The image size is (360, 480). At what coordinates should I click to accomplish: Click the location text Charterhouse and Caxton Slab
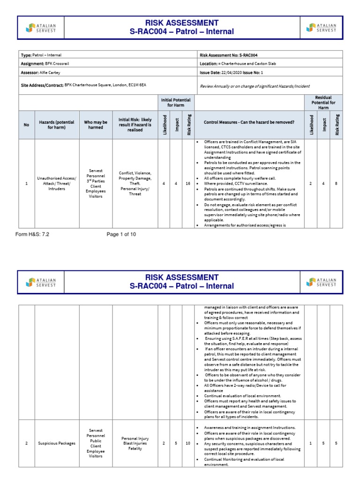pos(246,64)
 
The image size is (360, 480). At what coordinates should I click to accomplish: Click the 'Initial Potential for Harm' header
pos(176,103)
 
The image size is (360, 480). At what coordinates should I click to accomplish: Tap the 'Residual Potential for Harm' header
pos(323,102)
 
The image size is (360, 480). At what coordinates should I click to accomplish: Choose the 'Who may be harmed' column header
pos(96,125)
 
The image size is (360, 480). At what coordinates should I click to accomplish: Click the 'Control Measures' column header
pos(249,122)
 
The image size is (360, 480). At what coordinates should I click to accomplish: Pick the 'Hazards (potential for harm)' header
pos(57,125)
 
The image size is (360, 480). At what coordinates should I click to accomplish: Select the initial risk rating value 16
pos(187,184)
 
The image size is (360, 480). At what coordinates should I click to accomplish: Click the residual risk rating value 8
pos(336,184)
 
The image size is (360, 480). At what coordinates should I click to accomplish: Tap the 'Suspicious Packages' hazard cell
pos(57,443)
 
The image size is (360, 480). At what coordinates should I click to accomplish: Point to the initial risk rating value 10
pos(187,443)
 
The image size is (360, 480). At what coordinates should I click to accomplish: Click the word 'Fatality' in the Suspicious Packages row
pos(135,449)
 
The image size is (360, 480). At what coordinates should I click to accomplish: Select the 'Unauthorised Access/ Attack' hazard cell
pos(57,184)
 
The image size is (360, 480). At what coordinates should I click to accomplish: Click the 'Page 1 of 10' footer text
pos(121,234)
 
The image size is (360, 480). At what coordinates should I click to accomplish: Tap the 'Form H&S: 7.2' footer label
pos(33,234)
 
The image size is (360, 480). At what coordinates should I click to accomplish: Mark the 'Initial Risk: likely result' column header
pos(135,125)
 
